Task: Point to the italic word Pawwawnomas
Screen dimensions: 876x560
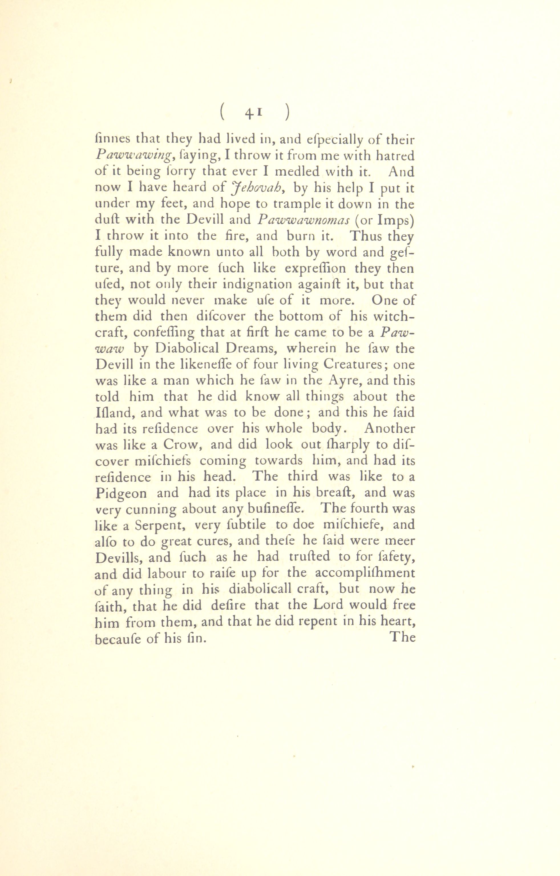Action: click(303, 220)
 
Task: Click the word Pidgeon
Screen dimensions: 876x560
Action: click(121, 493)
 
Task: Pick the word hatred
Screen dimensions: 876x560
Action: click(395, 156)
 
